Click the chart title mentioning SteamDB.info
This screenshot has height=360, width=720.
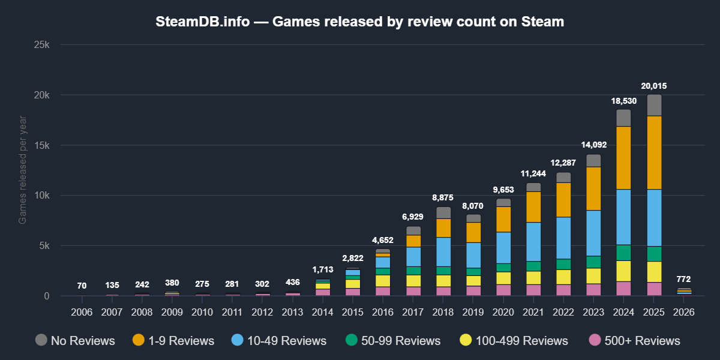pyautogui.click(x=360, y=22)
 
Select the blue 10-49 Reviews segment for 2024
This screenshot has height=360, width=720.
pyautogui.click(x=623, y=217)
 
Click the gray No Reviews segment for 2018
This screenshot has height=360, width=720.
pyautogui.click(x=443, y=212)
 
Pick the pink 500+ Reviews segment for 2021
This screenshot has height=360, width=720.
pyautogui.click(x=533, y=290)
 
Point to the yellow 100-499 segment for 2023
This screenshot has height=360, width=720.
pyautogui.click(x=593, y=275)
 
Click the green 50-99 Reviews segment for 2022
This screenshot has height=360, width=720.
pyautogui.click(x=563, y=264)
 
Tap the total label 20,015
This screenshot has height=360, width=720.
pyautogui.click(x=653, y=86)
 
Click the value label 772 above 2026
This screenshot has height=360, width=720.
pyautogui.click(x=683, y=279)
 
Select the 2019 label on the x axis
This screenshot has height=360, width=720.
pyautogui.click(x=473, y=312)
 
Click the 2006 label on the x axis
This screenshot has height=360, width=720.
pyautogui.click(x=82, y=312)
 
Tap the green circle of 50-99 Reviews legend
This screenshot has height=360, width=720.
pyautogui.click(x=351, y=340)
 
